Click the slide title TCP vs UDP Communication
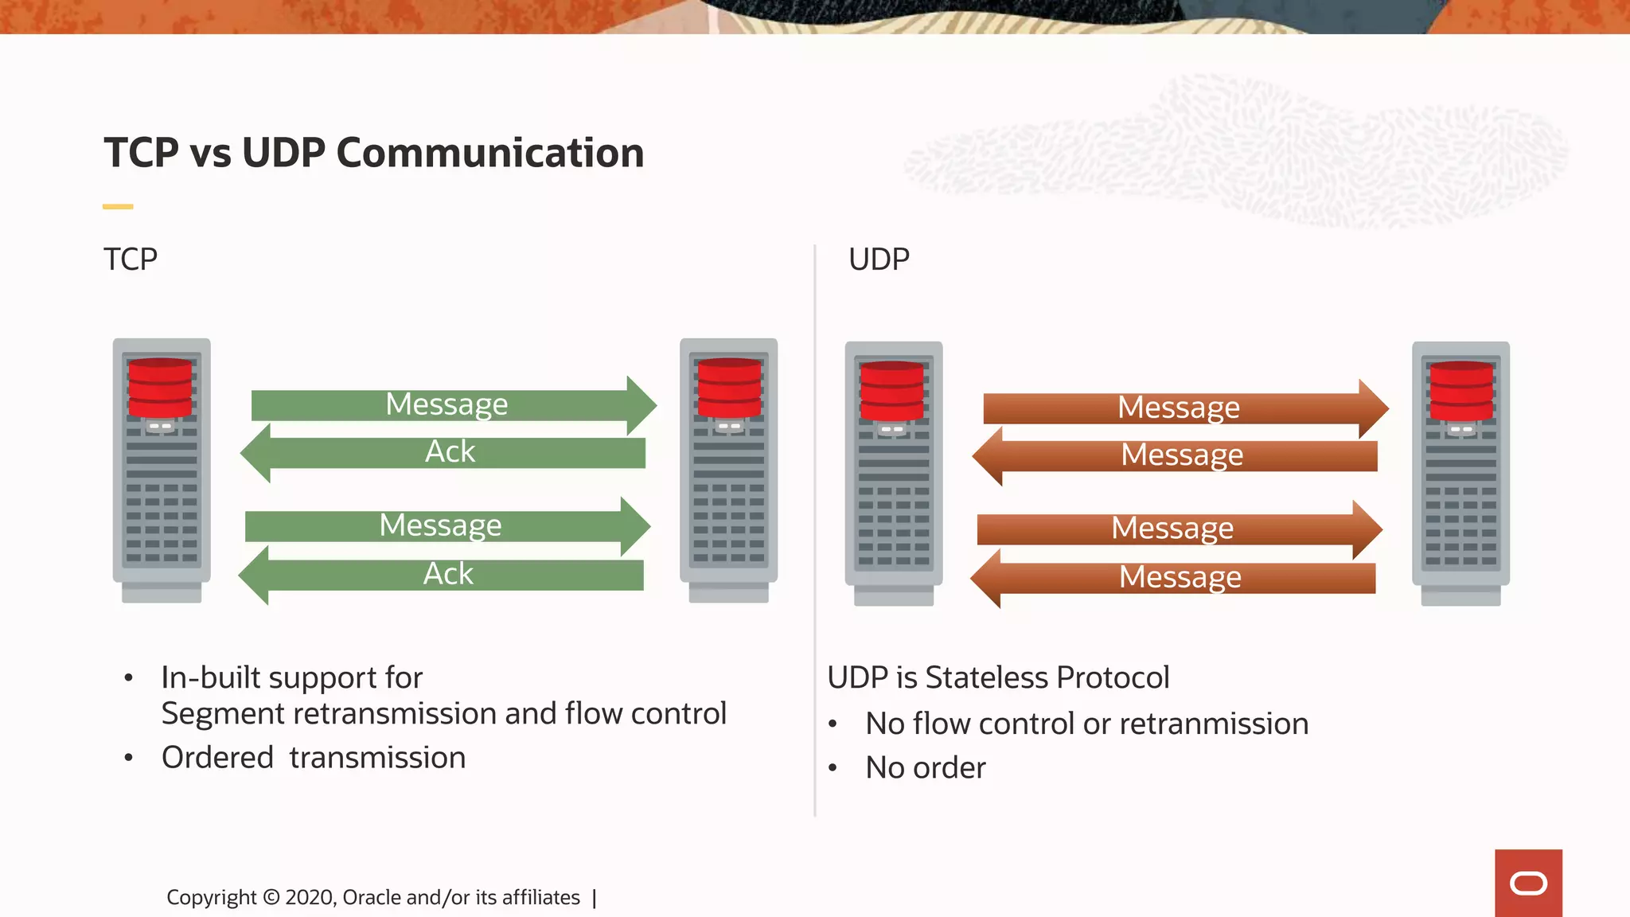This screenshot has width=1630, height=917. click(x=373, y=152)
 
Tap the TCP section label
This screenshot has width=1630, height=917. click(x=131, y=259)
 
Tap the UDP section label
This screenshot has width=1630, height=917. click(x=879, y=259)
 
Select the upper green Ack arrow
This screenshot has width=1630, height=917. click(x=450, y=452)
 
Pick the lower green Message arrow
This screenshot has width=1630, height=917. click(x=441, y=526)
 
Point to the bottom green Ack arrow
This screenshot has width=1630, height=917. click(x=447, y=575)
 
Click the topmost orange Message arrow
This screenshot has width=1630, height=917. click(x=1178, y=408)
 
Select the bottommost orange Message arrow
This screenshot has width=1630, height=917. click(x=1180, y=578)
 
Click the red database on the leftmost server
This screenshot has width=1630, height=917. click(x=160, y=388)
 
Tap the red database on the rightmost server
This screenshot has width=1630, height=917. click(x=1461, y=391)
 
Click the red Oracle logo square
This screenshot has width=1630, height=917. click(x=1528, y=883)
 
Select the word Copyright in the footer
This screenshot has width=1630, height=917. click(x=211, y=898)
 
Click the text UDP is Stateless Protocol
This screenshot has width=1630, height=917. click(x=998, y=677)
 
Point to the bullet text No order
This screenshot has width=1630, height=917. click(x=926, y=767)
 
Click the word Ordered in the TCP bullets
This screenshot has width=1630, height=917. click(x=217, y=757)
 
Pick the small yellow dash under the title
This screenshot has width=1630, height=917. click(x=118, y=207)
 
